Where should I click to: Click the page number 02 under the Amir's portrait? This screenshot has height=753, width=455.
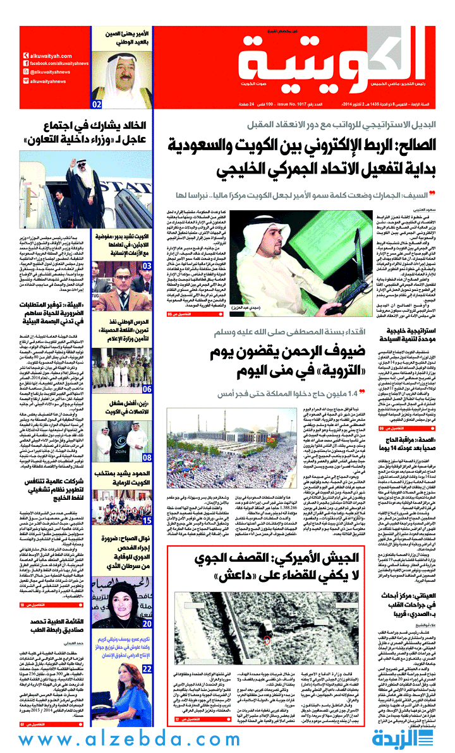pos(97,104)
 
